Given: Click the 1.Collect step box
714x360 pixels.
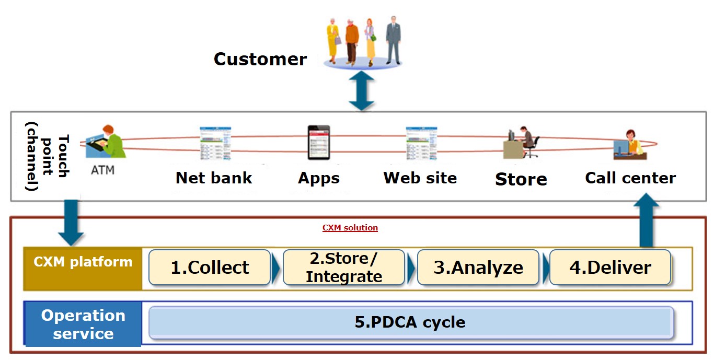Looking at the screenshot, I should click(210, 268).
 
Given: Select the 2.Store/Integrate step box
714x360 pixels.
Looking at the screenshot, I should click(344, 268).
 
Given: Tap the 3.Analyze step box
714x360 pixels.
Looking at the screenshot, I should click(478, 268).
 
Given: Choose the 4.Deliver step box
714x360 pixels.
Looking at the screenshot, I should click(610, 268).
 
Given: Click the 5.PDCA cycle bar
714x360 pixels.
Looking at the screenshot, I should click(410, 322).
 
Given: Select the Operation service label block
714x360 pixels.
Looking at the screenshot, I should click(83, 324).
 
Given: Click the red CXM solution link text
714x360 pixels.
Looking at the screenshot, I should click(350, 228).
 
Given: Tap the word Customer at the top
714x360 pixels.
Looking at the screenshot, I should click(260, 59).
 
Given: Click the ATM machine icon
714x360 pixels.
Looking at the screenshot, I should click(107, 142).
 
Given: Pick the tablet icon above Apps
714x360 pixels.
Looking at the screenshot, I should click(318, 143).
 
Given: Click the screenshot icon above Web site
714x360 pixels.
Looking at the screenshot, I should click(421, 143).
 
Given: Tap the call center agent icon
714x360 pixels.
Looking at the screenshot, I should click(629, 145).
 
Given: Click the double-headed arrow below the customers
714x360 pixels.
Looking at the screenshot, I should click(361, 90).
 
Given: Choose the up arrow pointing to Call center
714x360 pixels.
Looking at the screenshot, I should click(647, 220).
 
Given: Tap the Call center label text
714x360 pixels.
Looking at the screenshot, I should click(630, 178).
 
